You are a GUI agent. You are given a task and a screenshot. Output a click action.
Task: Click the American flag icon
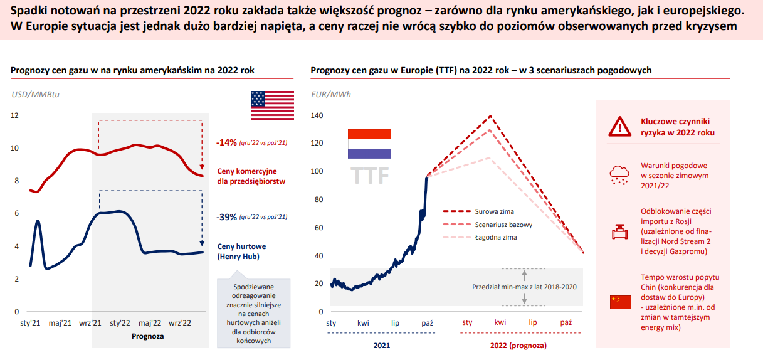click(x=272, y=105)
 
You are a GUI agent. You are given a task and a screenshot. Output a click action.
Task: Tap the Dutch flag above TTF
click(x=369, y=144)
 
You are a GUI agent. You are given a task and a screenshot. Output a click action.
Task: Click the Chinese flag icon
click(x=620, y=302)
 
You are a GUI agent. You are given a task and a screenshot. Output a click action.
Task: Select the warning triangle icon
click(x=619, y=127)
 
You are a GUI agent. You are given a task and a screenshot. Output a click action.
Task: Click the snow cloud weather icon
click(x=619, y=175)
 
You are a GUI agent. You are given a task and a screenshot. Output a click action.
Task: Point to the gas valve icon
click(x=619, y=232)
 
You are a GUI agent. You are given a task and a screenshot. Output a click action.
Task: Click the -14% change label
click(x=226, y=142)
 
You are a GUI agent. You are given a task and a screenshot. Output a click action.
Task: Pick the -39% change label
click(x=226, y=217)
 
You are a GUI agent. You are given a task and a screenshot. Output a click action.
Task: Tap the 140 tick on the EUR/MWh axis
click(x=317, y=115)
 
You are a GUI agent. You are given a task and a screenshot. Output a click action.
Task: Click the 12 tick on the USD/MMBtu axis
click(x=14, y=115)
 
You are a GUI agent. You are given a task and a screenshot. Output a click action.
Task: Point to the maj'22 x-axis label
click(x=150, y=323)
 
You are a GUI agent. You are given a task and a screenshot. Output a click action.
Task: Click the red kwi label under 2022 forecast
click(x=500, y=322)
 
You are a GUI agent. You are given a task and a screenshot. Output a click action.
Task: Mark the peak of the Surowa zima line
click(x=490, y=116)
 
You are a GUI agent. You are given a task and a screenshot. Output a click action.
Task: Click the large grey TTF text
click(x=369, y=175)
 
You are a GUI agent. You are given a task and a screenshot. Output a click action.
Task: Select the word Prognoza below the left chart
click(x=148, y=336)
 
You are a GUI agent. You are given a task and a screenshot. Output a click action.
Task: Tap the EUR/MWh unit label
click(x=331, y=95)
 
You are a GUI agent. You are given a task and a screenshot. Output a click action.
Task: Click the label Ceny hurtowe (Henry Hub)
click(x=241, y=251)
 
